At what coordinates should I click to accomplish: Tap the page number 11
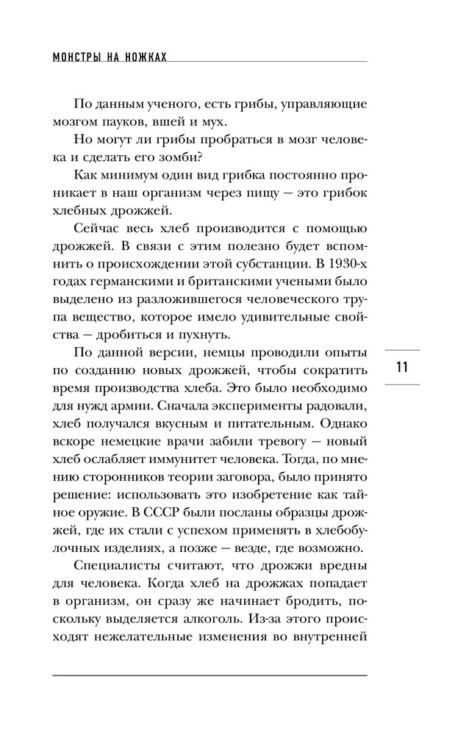(401, 367)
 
